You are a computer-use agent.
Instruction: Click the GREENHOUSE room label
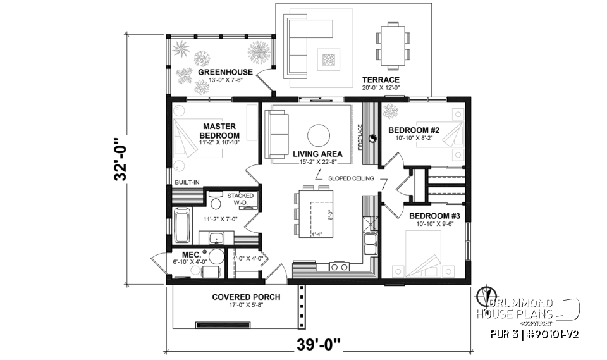click(225, 72)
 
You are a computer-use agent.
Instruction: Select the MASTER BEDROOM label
click(219, 131)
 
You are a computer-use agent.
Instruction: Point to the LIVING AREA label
click(318, 154)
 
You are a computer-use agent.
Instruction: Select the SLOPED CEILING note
click(351, 178)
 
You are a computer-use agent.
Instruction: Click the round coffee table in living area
click(317, 134)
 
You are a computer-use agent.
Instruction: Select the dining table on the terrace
click(391, 45)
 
